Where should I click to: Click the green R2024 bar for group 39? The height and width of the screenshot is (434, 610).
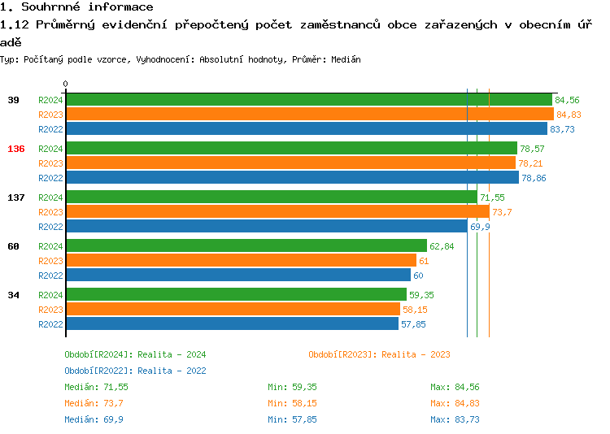point(309,100)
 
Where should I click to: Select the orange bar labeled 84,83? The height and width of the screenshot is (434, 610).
point(309,115)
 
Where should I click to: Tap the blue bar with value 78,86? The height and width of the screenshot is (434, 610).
point(292,178)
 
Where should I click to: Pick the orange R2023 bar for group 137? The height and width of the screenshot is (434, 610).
point(277,212)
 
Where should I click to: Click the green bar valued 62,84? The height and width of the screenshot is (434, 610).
point(246,246)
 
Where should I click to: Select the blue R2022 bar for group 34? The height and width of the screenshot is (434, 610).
point(232,324)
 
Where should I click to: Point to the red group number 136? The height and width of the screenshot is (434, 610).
point(15,149)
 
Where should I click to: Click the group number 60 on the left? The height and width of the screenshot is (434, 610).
point(13,246)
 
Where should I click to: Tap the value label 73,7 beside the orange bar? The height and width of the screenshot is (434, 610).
point(501,212)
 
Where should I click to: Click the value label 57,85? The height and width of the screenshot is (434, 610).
point(413,324)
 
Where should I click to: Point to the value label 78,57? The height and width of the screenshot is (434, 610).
point(532,149)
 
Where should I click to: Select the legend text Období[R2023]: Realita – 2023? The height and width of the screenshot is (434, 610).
point(379,354)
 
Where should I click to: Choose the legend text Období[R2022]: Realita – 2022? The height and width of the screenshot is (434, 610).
point(135,371)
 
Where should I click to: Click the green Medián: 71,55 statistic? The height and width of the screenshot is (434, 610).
point(96,387)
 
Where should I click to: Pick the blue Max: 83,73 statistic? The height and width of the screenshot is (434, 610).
point(455,419)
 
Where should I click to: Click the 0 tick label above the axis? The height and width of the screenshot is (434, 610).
point(66,84)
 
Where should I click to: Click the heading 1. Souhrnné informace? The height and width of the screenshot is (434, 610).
point(76,7)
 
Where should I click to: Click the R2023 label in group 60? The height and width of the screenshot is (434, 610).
point(50,261)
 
